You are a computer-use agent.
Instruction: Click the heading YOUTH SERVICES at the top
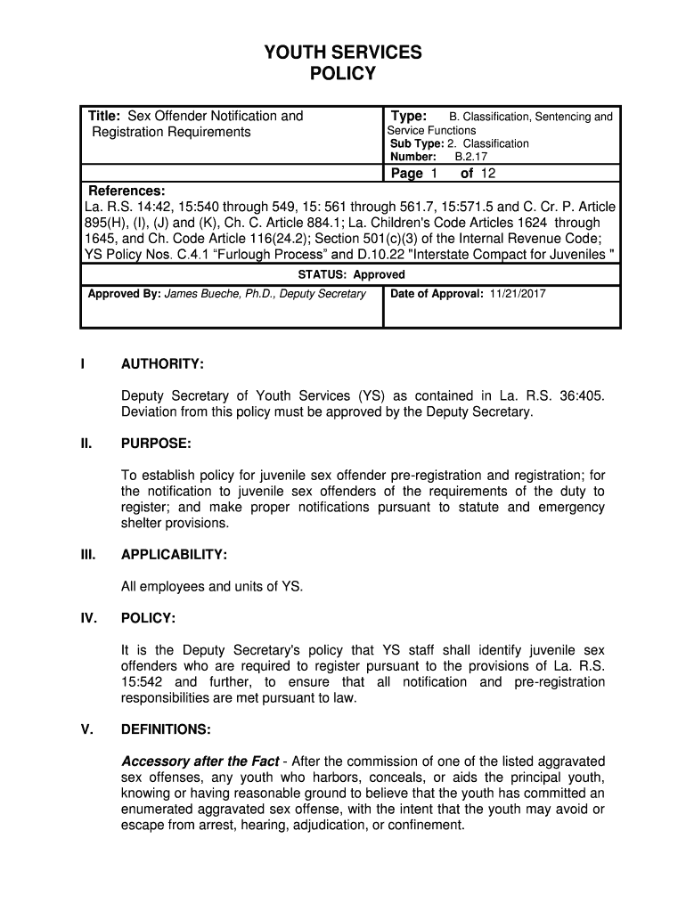343,53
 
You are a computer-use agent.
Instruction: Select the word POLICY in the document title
343,74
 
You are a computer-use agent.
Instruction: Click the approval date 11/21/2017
517,293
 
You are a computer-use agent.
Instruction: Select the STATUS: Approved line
351,274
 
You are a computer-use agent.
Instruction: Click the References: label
127,191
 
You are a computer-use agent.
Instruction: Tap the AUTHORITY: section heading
163,364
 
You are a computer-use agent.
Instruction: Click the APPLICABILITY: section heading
175,555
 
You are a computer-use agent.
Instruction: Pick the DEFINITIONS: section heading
166,729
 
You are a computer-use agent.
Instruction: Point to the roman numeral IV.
88,617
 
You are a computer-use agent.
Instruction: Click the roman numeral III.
87,555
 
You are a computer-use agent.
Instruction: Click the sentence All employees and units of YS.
212,586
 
